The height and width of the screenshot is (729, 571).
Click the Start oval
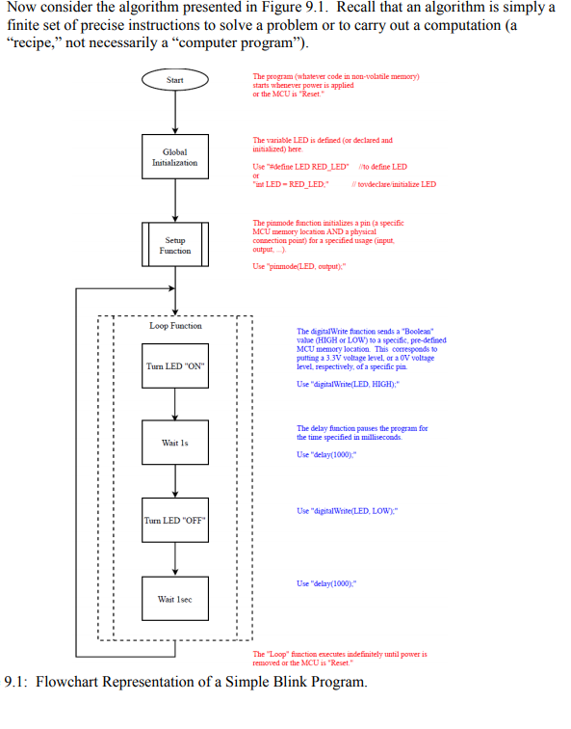coord(174,80)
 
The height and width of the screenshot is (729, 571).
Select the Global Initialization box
coord(174,157)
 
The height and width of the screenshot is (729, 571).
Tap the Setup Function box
coord(174,245)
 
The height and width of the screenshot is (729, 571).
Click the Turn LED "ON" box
coord(174,366)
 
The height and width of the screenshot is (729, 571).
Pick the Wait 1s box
coord(174,443)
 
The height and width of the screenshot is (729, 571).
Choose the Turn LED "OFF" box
coord(174,521)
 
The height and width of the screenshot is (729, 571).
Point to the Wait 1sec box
coord(174,599)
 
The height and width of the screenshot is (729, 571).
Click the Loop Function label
coord(175,326)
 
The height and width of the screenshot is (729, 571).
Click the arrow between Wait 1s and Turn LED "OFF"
coord(174,482)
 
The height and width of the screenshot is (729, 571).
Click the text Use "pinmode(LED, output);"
coord(298,266)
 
